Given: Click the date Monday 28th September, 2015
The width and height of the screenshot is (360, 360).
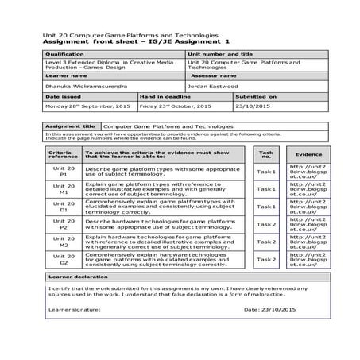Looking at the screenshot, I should [88, 106].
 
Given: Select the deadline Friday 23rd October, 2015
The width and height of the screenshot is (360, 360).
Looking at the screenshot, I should [176, 106].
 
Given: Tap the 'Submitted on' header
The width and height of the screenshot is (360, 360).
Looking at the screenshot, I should [256, 95].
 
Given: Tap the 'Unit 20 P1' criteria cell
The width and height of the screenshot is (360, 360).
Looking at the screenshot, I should [64, 172].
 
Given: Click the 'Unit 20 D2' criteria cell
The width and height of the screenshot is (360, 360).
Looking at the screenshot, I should [64, 261].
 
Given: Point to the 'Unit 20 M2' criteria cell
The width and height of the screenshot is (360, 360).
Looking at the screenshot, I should [64, 243].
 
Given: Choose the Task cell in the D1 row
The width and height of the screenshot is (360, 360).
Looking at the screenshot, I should [265, 207].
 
